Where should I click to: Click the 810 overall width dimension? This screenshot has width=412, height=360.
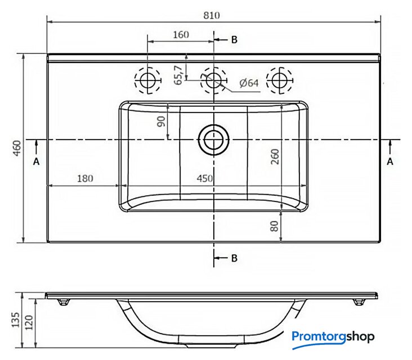212,16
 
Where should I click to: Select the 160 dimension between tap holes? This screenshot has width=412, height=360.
181,35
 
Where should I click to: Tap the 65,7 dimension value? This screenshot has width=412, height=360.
178,75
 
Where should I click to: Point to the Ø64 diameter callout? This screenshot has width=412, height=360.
249,83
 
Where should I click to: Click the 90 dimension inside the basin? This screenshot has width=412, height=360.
161,121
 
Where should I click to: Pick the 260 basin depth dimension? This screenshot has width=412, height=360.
275,156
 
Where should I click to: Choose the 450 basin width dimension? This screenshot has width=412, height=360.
205,178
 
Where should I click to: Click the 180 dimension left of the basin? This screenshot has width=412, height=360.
85,178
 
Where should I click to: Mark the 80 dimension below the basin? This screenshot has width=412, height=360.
274,226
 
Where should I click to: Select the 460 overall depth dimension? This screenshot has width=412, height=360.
17,148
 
